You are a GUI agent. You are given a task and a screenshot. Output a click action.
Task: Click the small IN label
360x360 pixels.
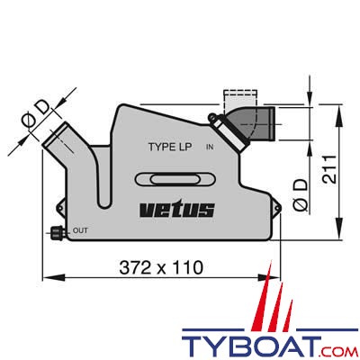(x=209, y=147)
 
